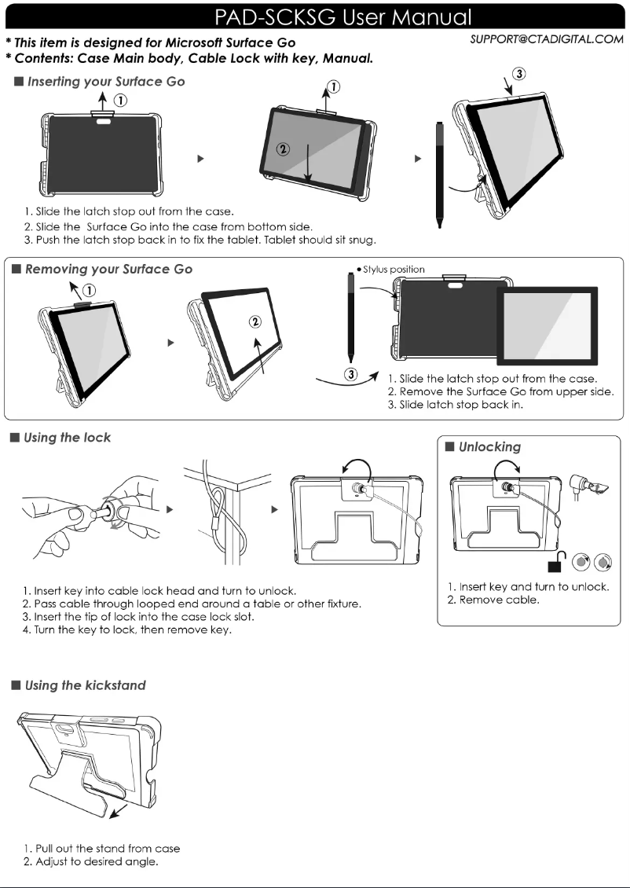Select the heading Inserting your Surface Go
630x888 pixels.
(x=104, y=82)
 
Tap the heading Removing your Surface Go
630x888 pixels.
(x=108, y=269)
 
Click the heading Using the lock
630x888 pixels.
(x=68, y=438)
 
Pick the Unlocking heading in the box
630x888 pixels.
(x=489, y=446)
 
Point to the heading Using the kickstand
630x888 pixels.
(x=85, y=685)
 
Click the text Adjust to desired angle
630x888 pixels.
(x=90, y=862)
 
